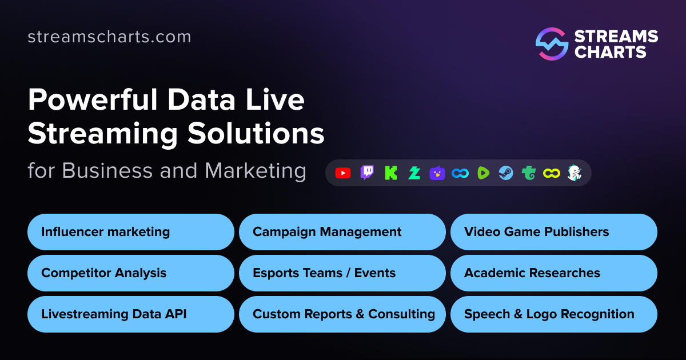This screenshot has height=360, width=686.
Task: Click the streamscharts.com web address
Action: (x=109, y=37)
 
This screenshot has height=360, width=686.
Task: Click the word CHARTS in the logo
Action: (x=610, y=53)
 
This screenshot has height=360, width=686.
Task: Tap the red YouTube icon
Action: (x=343, y=173)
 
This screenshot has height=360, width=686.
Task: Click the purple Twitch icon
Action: (x=367, y=173)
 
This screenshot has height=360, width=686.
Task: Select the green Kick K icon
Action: (x=391, y=173)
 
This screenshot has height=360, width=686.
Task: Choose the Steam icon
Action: (x=506, y=173)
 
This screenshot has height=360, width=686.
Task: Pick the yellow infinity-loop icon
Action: (x=551, y=173)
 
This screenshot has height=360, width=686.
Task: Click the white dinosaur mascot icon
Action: (x=573, y=173)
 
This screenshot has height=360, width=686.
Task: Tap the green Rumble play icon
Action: (x=484, y=173)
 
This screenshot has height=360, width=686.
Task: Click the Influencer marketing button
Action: (x=131, y=232)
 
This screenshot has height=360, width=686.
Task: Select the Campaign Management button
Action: (x=342, y=232)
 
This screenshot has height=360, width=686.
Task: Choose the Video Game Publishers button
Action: (x=553, y=232)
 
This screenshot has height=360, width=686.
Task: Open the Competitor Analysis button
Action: (x=131, y=273)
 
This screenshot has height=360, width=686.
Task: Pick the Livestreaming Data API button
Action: (x=131, y=314)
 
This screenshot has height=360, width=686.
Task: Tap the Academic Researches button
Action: (x=553, y=273)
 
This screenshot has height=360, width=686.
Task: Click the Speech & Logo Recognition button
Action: (x=553, y=314)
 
